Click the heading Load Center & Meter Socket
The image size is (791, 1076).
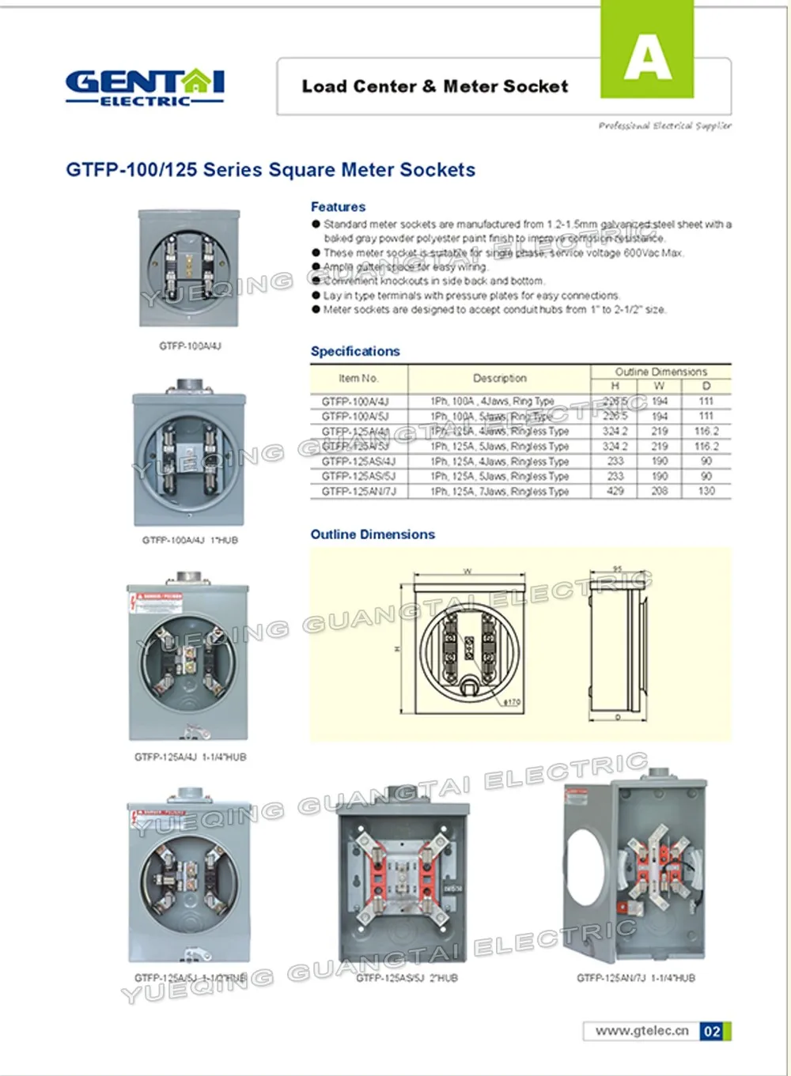pos(434,86)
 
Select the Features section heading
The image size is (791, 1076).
pos(338,206)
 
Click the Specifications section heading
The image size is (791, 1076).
pos(355,351)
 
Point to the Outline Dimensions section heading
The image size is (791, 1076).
pos(373,534)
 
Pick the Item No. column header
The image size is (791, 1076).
pos(358,378)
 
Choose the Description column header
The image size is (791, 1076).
pos(499,378)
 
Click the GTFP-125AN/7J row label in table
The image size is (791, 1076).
pos(358,491)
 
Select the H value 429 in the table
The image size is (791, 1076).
pos(615,491)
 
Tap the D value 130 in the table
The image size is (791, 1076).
pos(706,491)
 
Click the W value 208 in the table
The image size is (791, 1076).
pos(660,491)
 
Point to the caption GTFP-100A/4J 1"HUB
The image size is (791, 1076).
pos(190,540)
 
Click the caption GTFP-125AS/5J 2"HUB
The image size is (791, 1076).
pos(407,978)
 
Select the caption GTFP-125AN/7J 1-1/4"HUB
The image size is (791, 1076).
pos(636,978)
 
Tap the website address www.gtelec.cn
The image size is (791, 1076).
pos(642,1031)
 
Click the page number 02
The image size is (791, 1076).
pos(712,1031)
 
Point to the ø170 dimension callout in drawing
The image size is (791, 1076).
pos(512,701)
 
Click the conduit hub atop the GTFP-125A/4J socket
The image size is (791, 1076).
pos(188,577)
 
